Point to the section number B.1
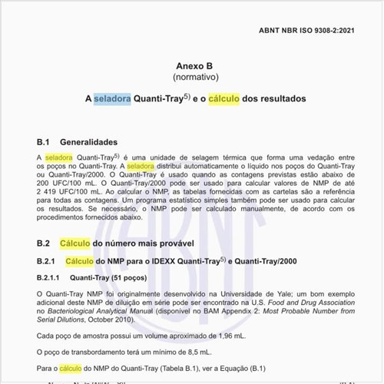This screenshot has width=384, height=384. pos(44,142)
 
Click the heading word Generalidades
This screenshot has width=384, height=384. pos(88,142)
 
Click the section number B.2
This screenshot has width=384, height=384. pos(44,243)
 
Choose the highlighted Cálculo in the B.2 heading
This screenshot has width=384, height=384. pos(77,243)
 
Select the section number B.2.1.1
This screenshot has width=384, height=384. pos(51,278)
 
